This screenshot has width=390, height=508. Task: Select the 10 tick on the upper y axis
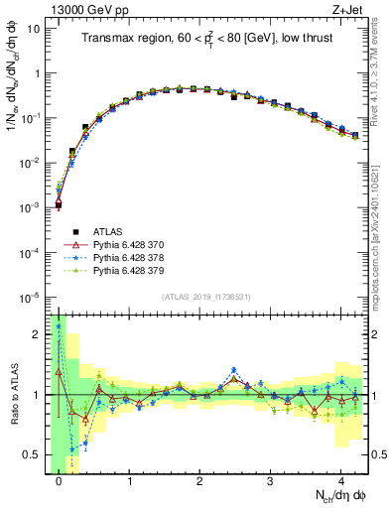point(34,28)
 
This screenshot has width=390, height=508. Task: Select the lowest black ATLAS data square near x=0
point(59,205)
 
